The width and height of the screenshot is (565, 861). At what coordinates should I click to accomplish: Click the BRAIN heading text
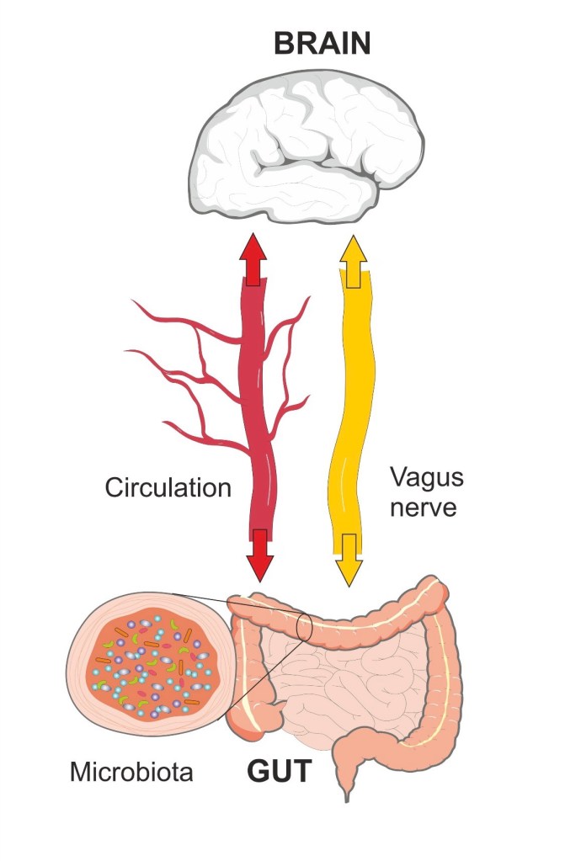coord(322,43)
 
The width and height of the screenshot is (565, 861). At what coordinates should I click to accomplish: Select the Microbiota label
coord(131,771)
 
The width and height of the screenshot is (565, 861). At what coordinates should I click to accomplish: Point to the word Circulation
coord(168,487)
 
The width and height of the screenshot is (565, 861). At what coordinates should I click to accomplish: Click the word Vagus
coord(427,478)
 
